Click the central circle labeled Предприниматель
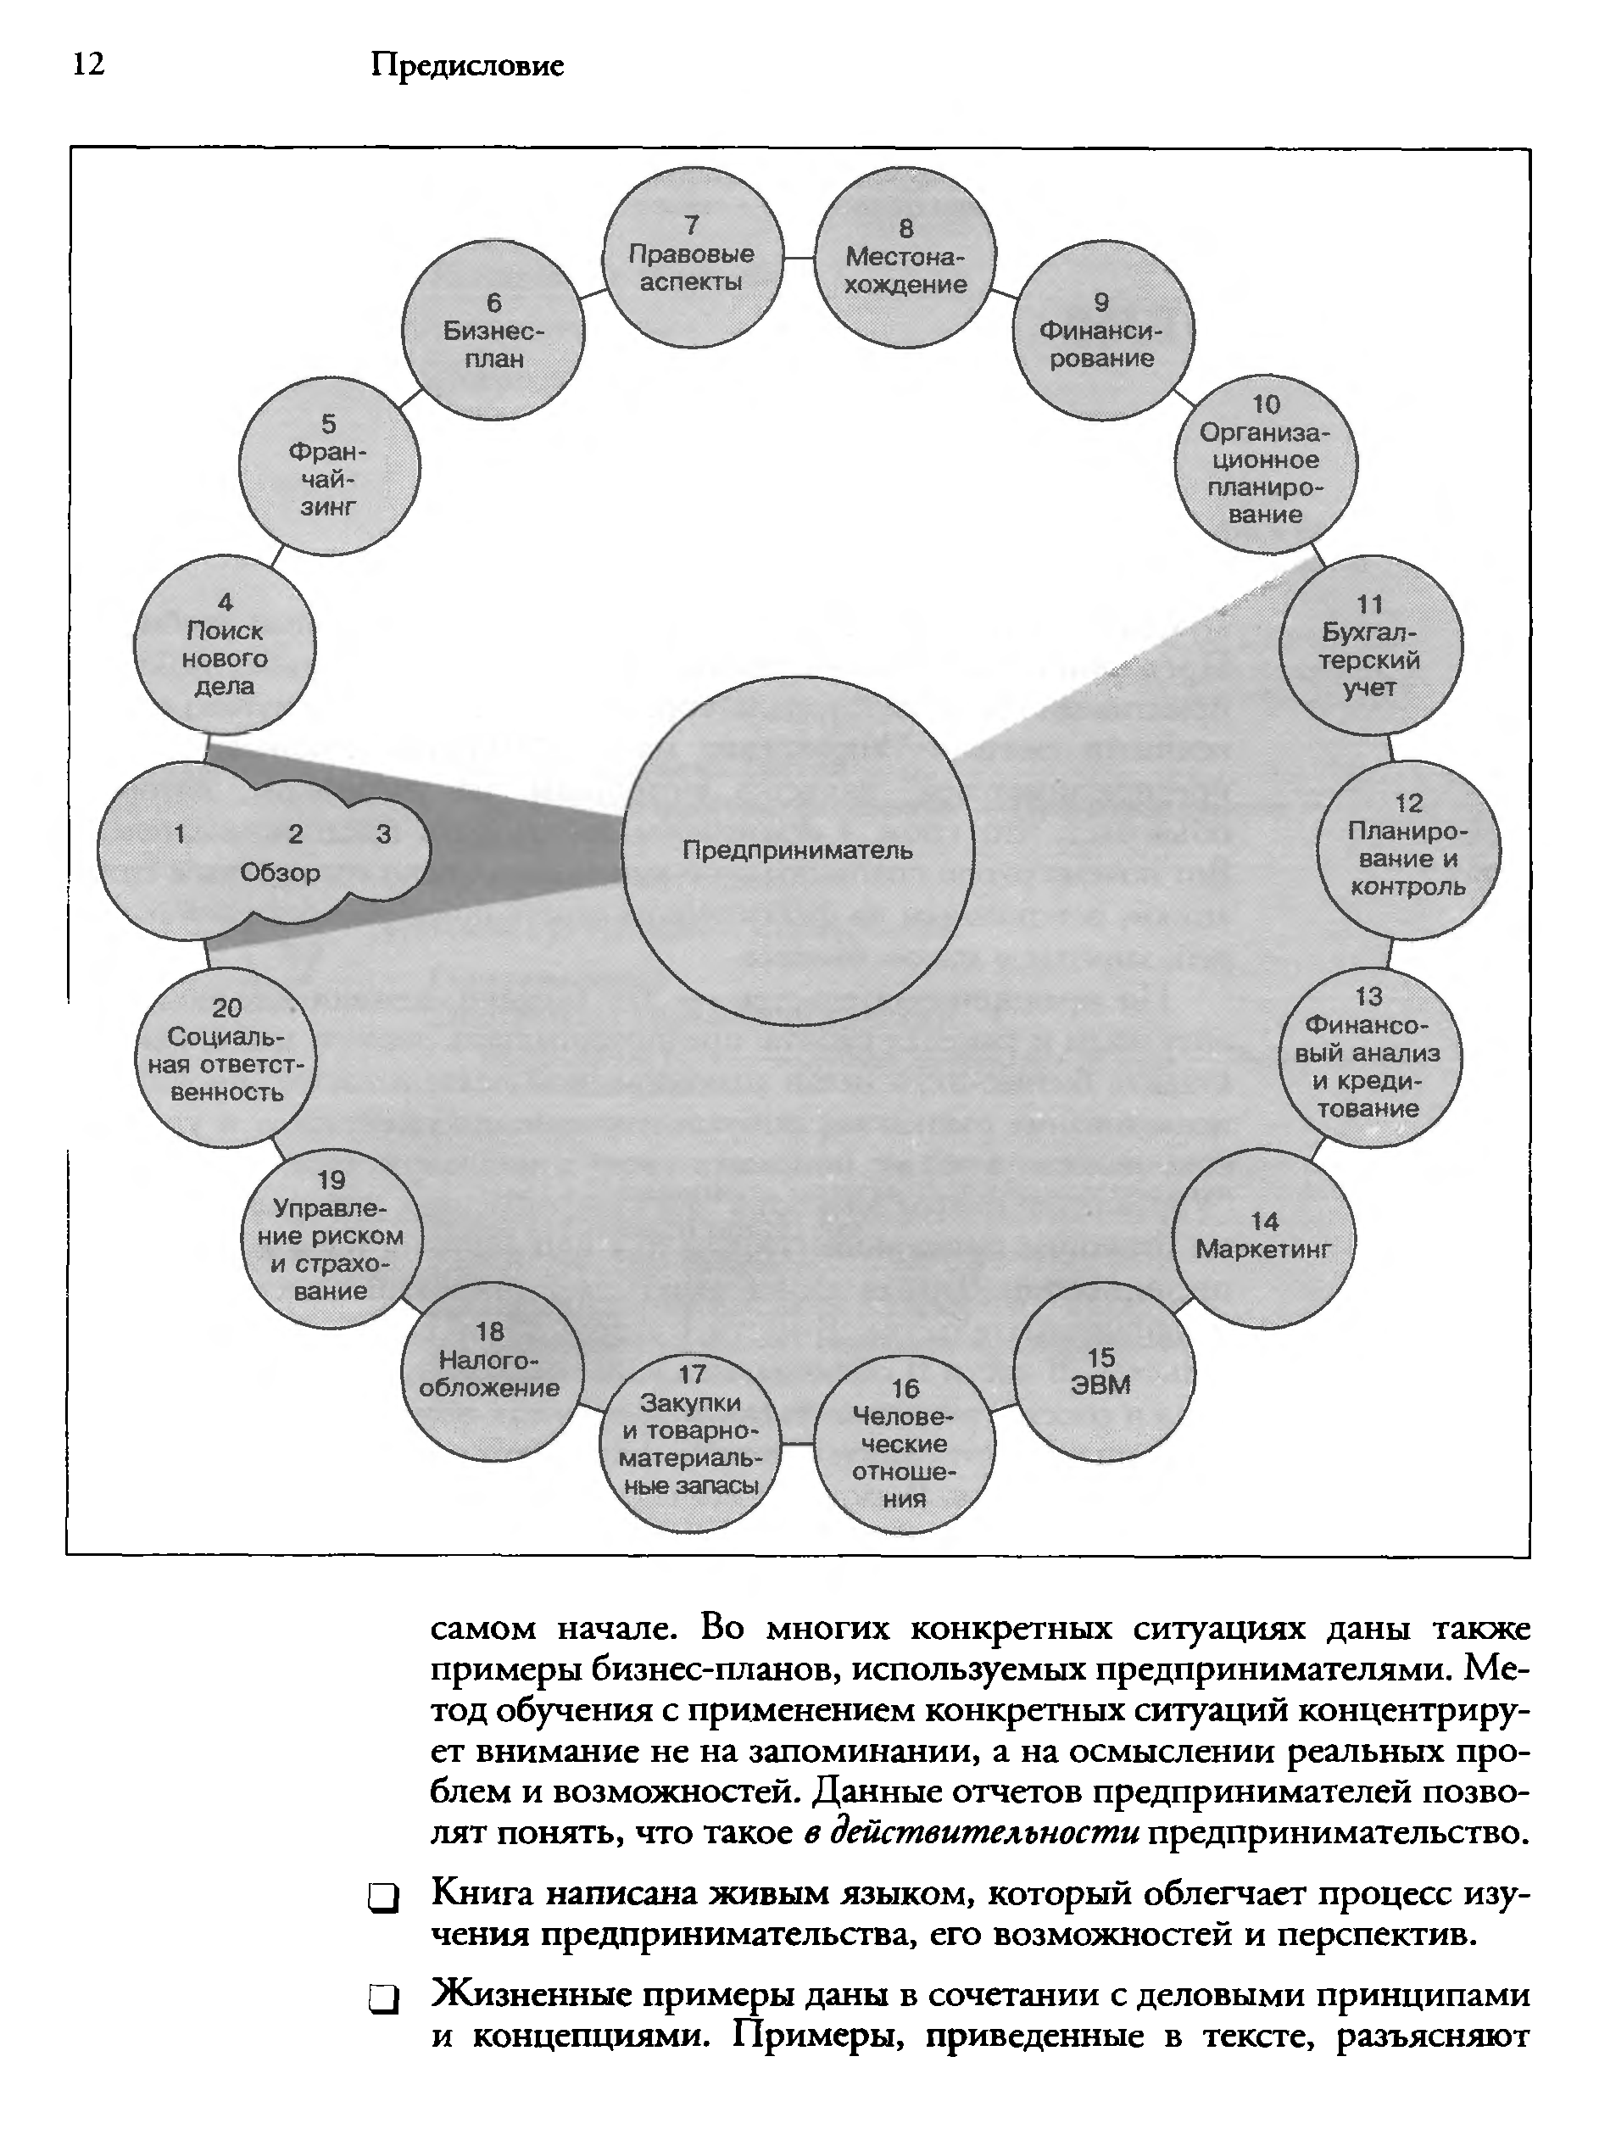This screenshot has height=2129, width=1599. click(x=797, y=850)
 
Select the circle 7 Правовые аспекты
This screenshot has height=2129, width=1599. click(x=692, y=255)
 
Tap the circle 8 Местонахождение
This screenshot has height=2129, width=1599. click(x=905, y=257)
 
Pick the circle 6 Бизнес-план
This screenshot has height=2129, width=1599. click(x=493, y=330)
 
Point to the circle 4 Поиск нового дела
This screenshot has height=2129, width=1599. click(x=225, y=645)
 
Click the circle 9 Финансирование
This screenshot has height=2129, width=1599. click(x=1102, y=330)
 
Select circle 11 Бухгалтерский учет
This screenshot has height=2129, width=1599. click(x=1370, y=646)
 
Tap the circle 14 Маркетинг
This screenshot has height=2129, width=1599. click(x=1264, y=1238)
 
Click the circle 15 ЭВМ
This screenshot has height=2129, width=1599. click(x=1103, y=1373)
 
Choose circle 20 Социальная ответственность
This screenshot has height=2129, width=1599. click(x=226, y=1056)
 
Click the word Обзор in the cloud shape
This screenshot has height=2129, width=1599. click(x=280, y=873)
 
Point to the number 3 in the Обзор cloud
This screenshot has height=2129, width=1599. click(x=383, y=834)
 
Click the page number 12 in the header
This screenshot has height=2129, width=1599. click(x=88, y=64)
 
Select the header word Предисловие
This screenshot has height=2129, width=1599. click(x=467, y=65)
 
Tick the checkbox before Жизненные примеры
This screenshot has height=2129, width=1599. click(x=382, y=2001)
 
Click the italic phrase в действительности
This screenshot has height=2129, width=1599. click(x=971, y=1831)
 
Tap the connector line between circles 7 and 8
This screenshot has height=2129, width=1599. click(x=798, y=259)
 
